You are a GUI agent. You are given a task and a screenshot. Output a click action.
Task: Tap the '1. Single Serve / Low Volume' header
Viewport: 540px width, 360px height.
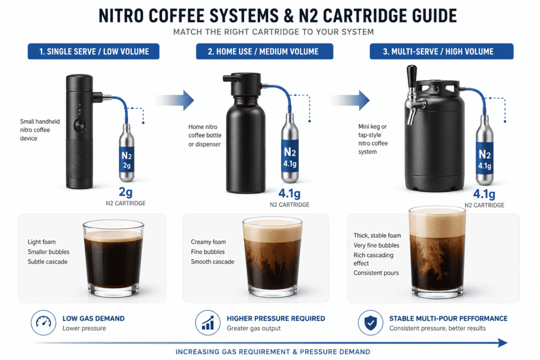click(x=93, y=51)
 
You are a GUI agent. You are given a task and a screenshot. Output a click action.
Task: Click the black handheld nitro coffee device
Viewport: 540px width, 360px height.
click(x=79, y=132)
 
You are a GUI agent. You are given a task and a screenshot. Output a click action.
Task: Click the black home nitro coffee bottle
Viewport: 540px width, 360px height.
click(x=248, y=142)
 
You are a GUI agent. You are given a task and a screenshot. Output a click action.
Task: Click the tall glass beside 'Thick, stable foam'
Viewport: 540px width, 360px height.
click(x=437, y=250)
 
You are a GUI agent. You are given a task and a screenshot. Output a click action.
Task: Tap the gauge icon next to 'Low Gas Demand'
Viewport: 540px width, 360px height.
click(x=42, y=323)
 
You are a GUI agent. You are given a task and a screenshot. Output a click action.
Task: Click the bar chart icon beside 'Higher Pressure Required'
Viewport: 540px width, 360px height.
click(x=208, y=323)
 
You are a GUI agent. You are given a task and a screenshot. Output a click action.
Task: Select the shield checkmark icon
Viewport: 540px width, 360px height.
click(x=371, y=323)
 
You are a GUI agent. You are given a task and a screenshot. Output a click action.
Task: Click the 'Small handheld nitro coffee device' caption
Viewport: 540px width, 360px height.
click(x=40, y=130)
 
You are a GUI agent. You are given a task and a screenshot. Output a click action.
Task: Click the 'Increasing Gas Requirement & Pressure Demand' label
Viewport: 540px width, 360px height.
click(x=273, y=352)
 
